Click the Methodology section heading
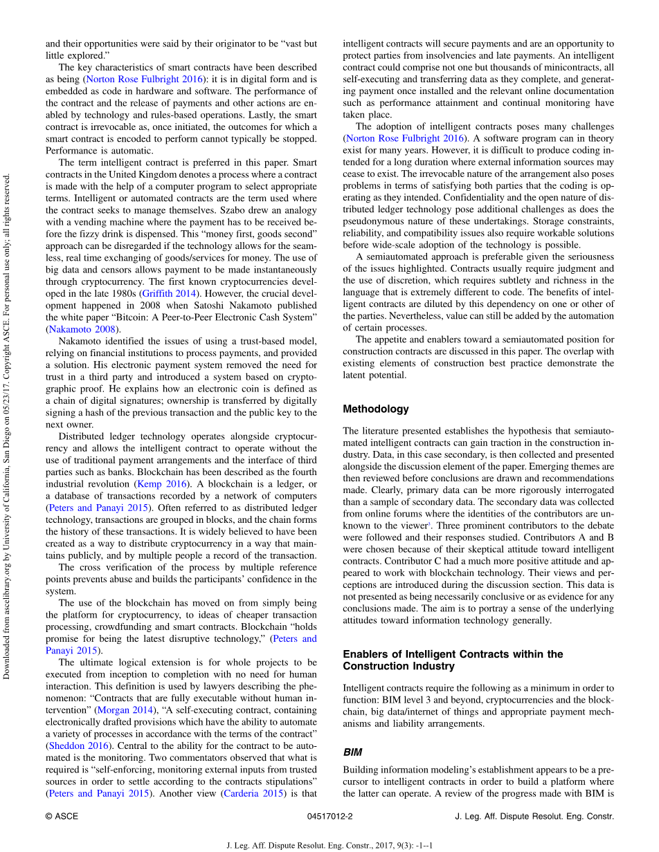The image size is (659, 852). pyautogui.click(x=376, y=409)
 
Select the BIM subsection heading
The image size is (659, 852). pyautogui.click(x=353, y=751)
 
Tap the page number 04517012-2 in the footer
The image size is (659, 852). pyautogui.click(x=329, y=816)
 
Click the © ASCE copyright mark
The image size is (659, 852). pyautogui.click(x=62, y=816)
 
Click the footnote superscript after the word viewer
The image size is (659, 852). pyautogui.click(x=429, y=524)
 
